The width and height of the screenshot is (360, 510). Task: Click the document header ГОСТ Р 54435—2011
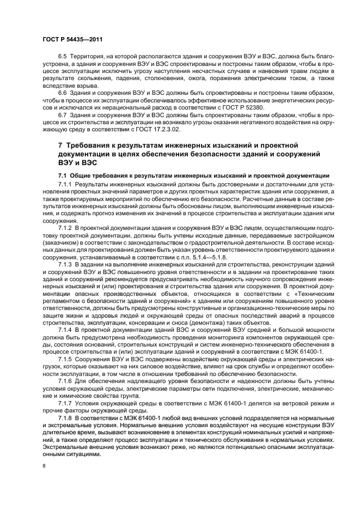(x=72, y=40)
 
